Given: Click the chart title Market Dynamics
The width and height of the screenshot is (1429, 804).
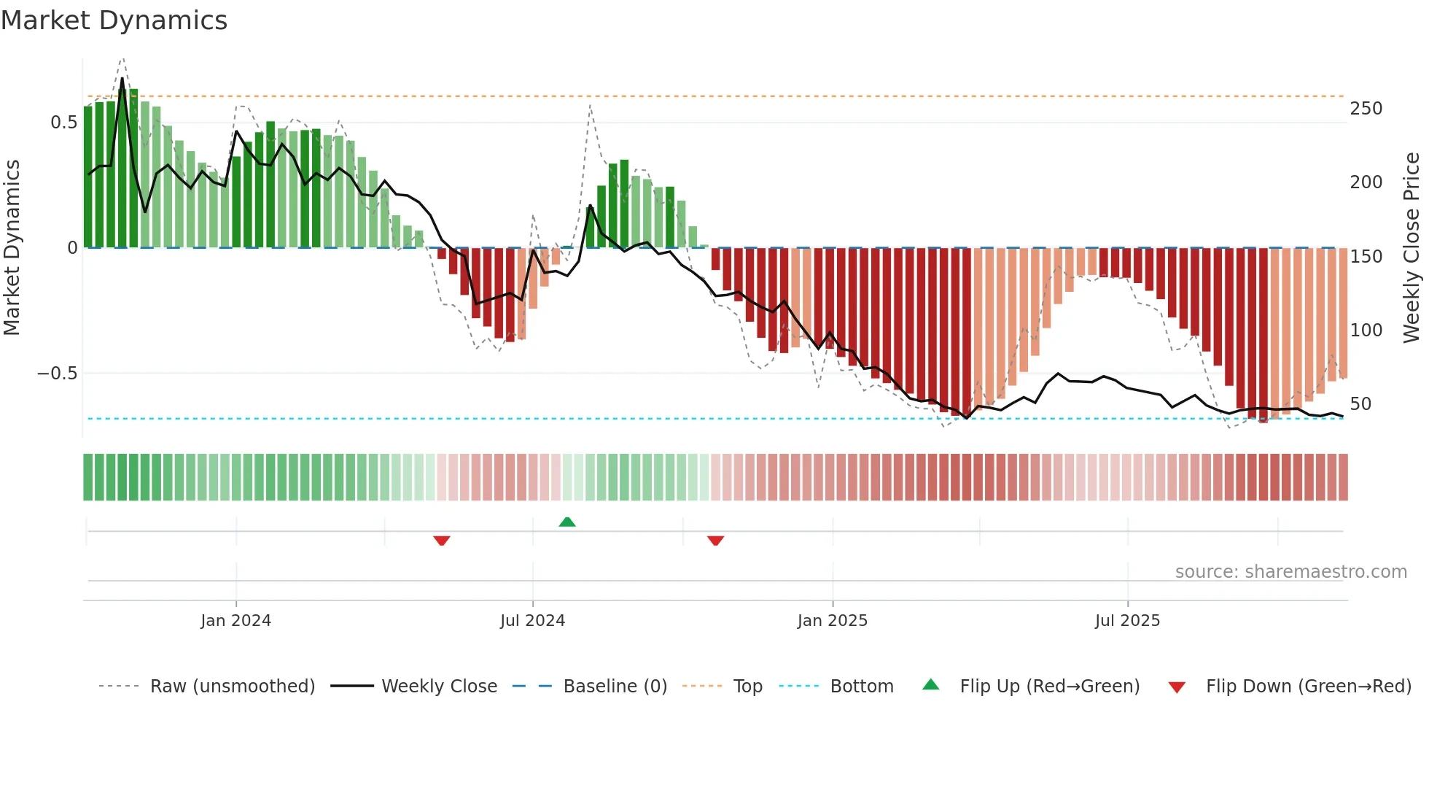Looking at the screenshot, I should [114, 20].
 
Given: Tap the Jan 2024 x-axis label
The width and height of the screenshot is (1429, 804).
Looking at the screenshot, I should [235, 621].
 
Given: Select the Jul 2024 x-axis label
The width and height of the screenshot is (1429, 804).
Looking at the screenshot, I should [532, 621].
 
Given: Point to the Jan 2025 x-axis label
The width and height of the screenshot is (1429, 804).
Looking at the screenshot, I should [832, 621].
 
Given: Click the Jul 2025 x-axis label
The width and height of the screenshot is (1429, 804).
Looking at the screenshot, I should [1127, 621].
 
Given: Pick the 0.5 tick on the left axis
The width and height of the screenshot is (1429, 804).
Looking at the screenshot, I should [63, 123].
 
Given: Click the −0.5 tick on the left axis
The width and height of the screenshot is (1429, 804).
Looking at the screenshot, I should [57, 374].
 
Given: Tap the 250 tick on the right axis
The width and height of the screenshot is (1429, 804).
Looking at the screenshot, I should [1366, 109].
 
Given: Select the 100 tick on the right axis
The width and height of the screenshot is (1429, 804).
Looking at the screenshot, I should [1366, 331].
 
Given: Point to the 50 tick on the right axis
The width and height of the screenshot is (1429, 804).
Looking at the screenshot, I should [1360, 404].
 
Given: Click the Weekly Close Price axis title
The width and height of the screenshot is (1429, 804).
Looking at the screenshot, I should [1412, 248].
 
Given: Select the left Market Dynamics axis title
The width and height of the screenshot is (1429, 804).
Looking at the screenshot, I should [12, 248].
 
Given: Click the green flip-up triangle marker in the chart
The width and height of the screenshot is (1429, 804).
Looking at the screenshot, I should [567, 522].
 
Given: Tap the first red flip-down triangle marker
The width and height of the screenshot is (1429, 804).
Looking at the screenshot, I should [442, 541].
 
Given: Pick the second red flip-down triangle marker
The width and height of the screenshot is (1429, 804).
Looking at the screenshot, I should [715, 541].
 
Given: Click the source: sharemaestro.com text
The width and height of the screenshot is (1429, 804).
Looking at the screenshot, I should [1290, 572].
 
